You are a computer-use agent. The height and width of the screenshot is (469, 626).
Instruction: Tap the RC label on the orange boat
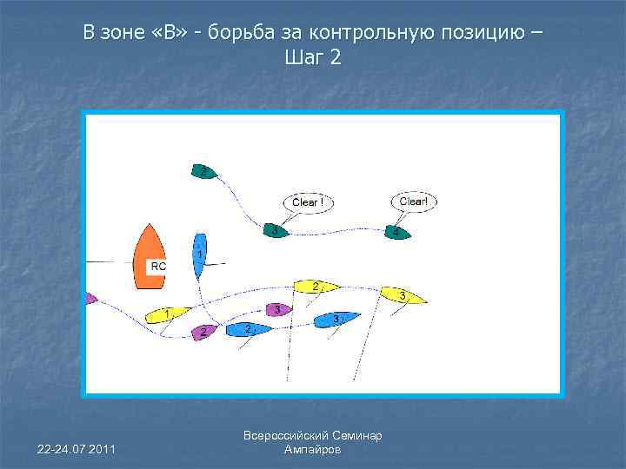pos(158,266)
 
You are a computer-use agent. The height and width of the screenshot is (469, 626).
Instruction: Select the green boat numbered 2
pos(203,171)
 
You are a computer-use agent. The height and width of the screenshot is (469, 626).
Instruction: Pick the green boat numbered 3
pos(275,231)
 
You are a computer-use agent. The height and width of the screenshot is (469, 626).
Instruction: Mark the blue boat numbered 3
pos(336,320)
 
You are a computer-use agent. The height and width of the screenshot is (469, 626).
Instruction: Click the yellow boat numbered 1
pos(168,313)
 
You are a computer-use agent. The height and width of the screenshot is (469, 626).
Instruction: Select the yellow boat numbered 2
pos(316,286)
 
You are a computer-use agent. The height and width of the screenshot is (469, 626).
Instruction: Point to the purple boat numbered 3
pos(277,309)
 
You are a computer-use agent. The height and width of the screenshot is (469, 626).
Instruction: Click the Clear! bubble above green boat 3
pos(308,202)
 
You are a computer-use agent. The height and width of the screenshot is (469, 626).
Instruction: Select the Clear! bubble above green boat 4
pos(413,201)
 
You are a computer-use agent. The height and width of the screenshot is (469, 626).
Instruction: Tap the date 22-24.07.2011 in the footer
pos(77,448)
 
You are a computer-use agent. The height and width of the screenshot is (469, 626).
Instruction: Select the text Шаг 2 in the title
pos(313,58)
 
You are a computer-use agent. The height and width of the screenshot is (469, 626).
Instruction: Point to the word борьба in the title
pos(244,34)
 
